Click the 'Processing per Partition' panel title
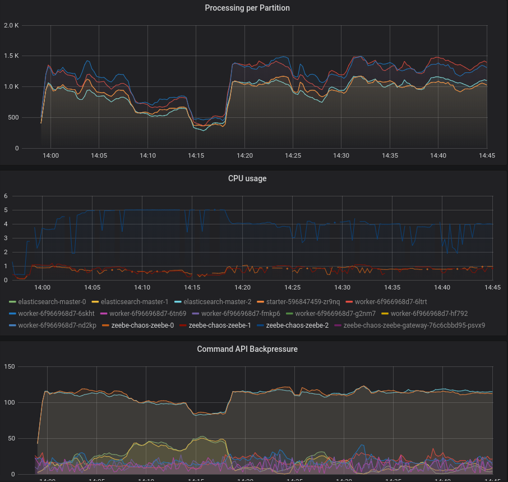tap(247, 8)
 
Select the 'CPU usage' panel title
tap(247, 178)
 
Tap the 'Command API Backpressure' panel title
tap(247, 349)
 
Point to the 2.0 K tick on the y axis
tap(11, 26)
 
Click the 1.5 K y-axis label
tap(11, 56)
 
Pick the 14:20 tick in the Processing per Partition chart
tap(244, 155)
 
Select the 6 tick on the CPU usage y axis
tap(6, 196)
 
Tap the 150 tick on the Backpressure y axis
tap(10, 366)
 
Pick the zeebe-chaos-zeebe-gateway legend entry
tap(414, 325)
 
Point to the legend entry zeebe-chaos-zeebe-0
tap(142, 325)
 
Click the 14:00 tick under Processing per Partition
tap(51, 155)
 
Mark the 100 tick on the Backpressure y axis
tap(10, 402)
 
